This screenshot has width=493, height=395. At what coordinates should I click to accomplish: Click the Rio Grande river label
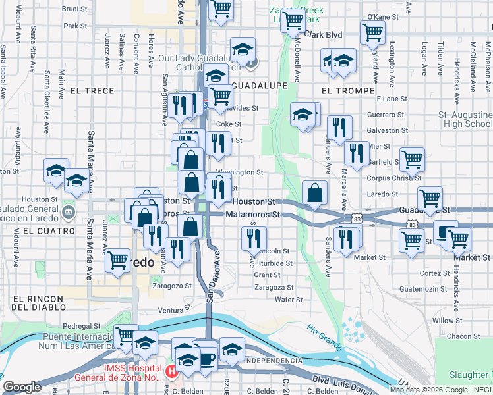click(x=324, y=336)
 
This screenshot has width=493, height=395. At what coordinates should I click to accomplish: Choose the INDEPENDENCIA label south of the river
click(x=273, y=361)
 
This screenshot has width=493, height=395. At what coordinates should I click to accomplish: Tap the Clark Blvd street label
click(x=324, y=35)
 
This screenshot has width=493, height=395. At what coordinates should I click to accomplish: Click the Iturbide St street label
click(x=275, y=263)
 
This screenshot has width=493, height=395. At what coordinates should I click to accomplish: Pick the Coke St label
click(x=229, y=124)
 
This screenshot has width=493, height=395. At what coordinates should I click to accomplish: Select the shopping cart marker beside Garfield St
click(x=412, y=159)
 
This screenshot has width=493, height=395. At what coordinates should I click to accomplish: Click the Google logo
click(x=22, y=386)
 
